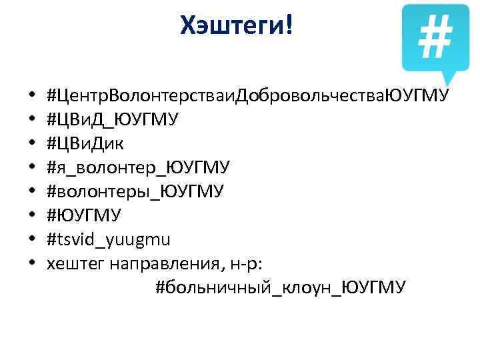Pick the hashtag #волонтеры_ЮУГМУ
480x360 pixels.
pos(135,191)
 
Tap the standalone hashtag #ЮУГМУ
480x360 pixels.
pos(84,215)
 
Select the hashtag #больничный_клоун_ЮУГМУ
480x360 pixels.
pos(280,287)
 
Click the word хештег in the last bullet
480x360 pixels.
pos(71,263)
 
